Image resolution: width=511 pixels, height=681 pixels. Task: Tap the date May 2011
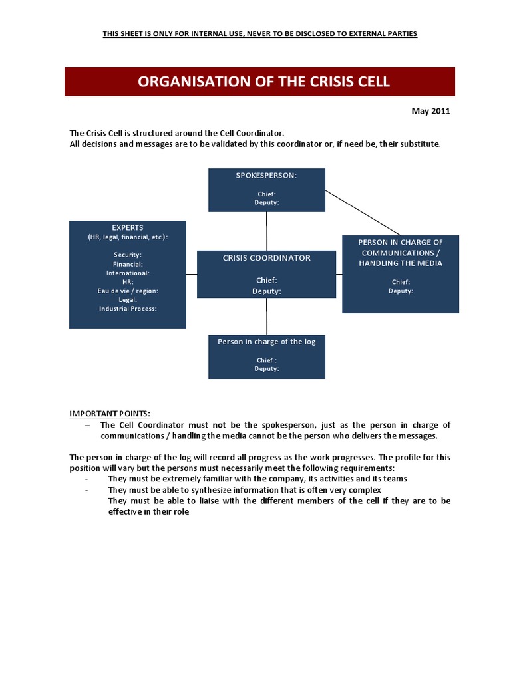(x=431, y=111)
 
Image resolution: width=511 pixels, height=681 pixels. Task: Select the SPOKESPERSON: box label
(x=266, y=175)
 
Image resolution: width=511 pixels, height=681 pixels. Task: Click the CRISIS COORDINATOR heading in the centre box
(x=266, y=258)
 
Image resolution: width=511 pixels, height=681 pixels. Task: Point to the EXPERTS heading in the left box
(x=128, y=227)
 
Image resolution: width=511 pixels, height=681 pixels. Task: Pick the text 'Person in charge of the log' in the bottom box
(x=266, y=342)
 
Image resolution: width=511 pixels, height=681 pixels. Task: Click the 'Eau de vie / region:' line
(x=128, y=291)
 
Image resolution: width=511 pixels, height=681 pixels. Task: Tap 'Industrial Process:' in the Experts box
(x=128, y=309)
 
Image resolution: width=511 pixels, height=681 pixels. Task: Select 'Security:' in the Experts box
(x=128, y=255)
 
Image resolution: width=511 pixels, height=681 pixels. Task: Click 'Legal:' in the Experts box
(x=128, y=300)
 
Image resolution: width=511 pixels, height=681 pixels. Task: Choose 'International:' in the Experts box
(x=128, y=273)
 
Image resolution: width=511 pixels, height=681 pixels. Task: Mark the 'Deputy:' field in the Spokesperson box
(x=266, y=202)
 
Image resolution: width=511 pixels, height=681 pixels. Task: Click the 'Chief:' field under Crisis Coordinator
(x=266, y=280)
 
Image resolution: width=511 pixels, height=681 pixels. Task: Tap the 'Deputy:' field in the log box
(x=266, y=368)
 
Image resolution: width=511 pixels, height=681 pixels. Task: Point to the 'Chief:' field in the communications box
(x=401, y=281)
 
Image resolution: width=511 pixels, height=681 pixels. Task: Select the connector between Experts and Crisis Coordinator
(x=192, y=274)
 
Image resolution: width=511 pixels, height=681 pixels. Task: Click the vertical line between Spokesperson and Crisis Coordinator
(x=267, y=231)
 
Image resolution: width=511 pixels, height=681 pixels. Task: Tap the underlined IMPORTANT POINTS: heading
(x=114, y=413)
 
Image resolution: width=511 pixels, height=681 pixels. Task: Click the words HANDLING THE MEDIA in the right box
(x=401, y=263)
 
